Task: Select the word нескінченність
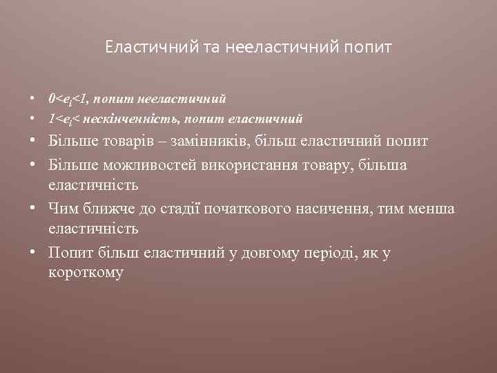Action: pyautogui.click(x=130, y=119)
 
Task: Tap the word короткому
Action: pyautogui.click(x=86, y=272)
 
